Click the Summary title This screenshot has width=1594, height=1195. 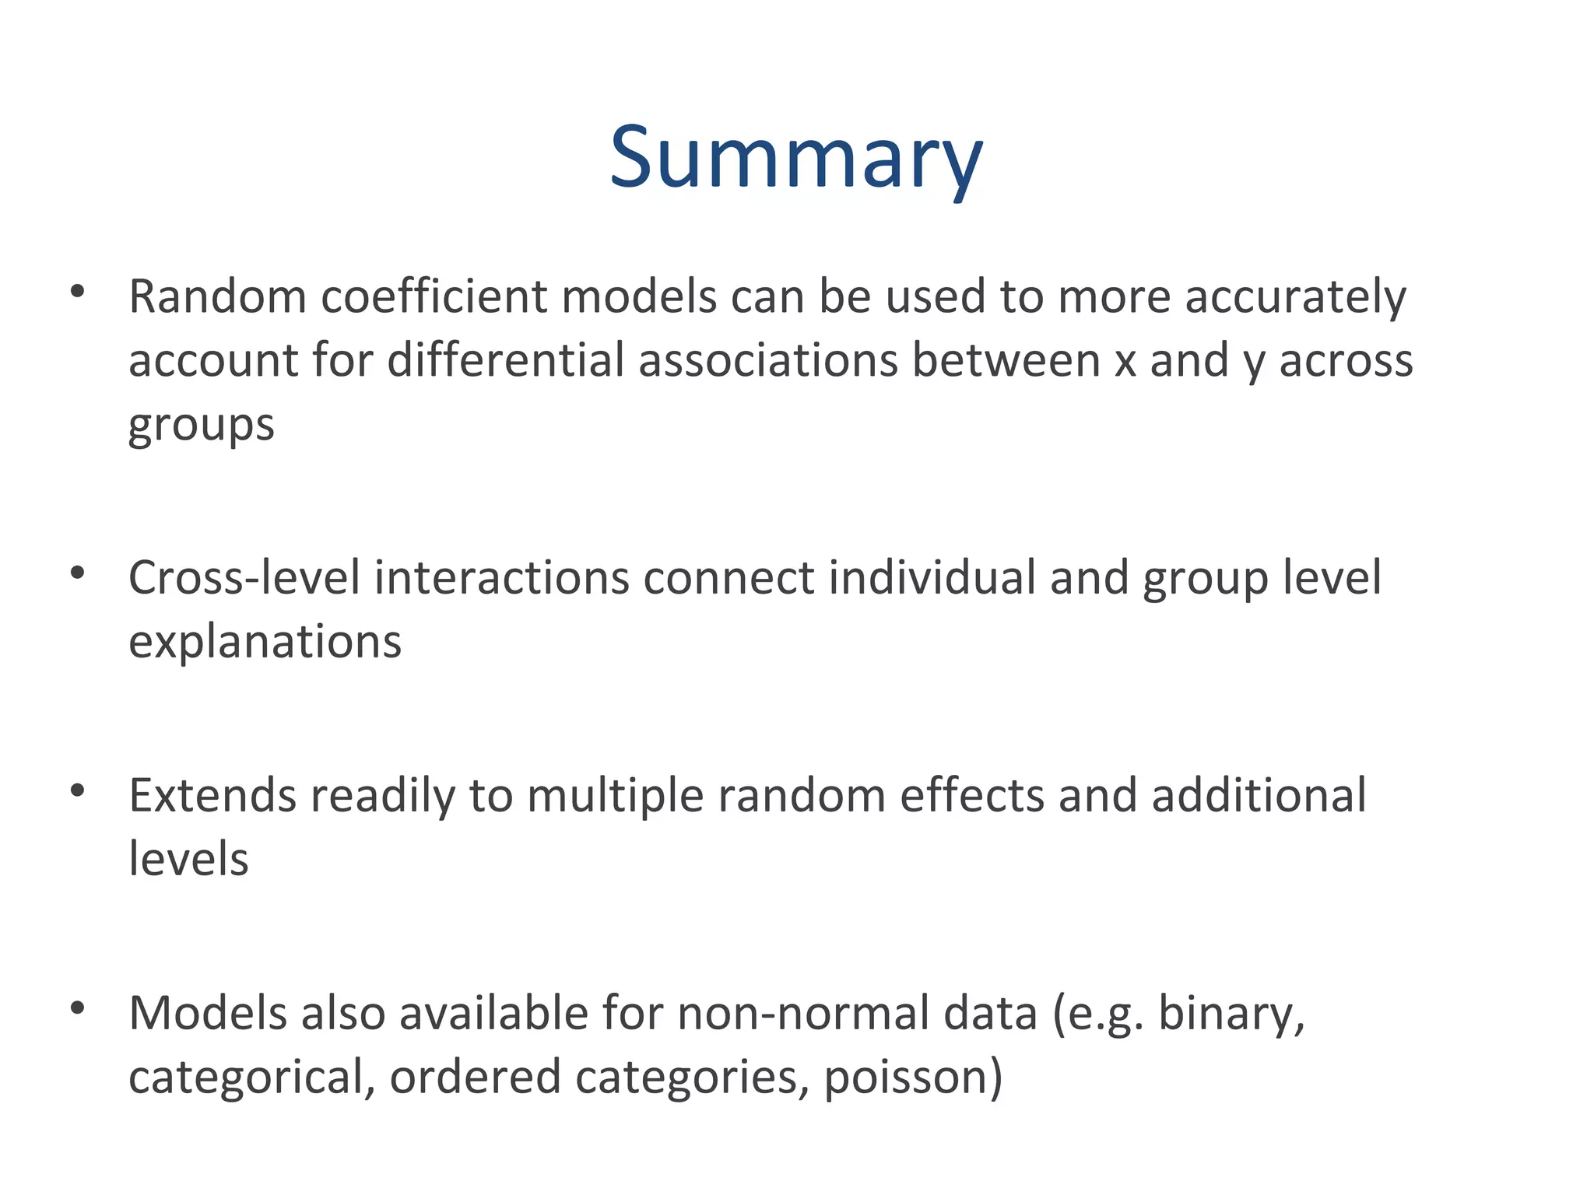796,159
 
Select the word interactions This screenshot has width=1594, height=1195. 501,578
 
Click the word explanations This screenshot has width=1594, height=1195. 265,643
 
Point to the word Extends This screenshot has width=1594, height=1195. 212,796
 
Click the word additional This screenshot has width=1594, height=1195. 1259,796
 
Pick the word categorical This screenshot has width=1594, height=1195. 251,1078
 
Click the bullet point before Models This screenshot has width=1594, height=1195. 77,1008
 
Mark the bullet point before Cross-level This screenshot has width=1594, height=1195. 77,573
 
